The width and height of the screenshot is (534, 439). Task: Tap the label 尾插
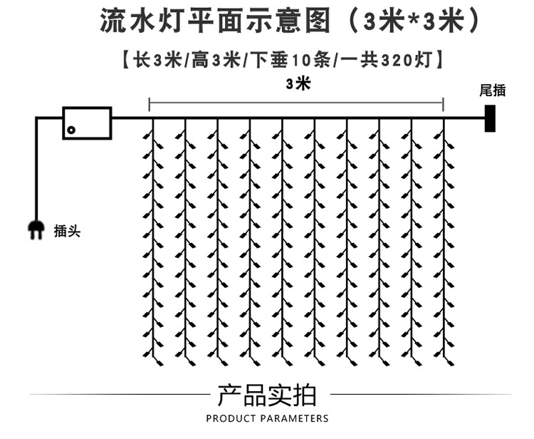click(493, 90)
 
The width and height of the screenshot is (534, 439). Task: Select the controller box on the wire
click(88, 123)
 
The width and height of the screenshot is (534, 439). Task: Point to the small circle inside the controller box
click(70, 130)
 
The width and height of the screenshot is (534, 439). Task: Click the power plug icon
click(35, 229)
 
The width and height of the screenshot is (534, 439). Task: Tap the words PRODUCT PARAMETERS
click(267, 418)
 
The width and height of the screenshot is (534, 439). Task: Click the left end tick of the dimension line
click(150, 105)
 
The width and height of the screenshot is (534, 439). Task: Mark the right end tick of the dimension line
click(444, 105)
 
